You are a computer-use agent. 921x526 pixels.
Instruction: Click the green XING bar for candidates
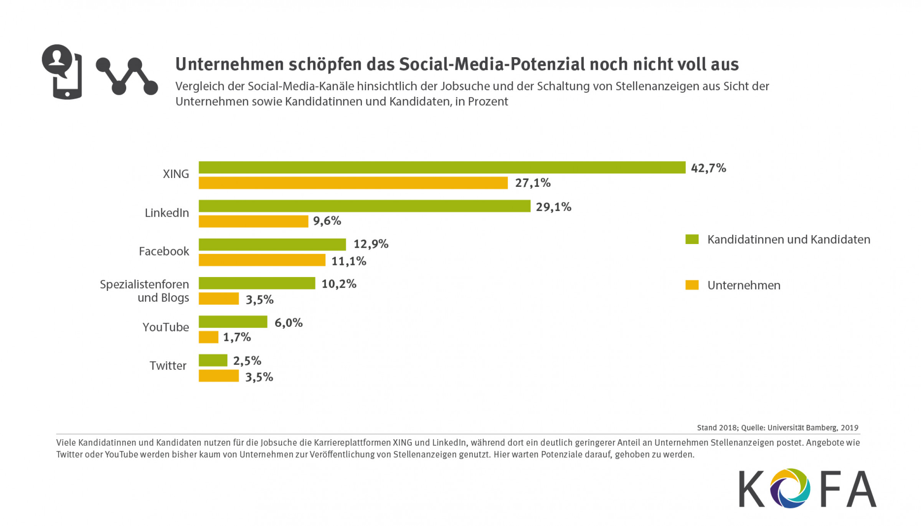pyautogui.click(x=442, y=168)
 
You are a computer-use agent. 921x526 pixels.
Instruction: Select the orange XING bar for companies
pyautogui.click(x=353, y=183)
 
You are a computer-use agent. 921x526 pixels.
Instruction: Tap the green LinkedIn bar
pyautogui.click(x=364, y=206)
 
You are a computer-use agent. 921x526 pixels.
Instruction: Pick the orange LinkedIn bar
pyautogui.click(x=253, y=221)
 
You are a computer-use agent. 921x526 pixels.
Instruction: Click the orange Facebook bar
pyautogui.click(x=262, y=260)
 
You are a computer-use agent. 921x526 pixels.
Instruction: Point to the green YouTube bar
pyautogui.click(x=233, y=322)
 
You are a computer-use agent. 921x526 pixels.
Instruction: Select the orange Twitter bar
pyautogui.click(x=219, y=376)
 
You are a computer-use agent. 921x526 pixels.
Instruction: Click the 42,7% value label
pyautogui.click(x=708, y=168)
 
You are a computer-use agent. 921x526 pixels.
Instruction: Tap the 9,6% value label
pyautogui.click(x=327, y=221)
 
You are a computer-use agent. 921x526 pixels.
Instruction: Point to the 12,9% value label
pyautogui.click(x=371, y=244)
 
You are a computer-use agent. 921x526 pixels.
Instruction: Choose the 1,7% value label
pyautogui.click(x=237, y=337)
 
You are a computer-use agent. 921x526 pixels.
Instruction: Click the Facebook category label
pyautogui.click(x=164, y=251)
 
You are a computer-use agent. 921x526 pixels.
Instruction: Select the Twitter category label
pyautogui.click(x=168, y=366)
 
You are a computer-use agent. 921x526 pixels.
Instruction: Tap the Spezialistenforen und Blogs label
pyautogui.click(x=145, y=291)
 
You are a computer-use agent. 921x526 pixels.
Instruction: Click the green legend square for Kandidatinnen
pyautogui.click(x=692, y=239)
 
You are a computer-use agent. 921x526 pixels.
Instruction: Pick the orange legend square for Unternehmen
pyautogui.click(x=692, y=285)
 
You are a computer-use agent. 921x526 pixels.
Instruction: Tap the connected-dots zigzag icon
pyautogui.click(x=127, y=76)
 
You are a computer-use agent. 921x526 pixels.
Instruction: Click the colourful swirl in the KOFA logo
pyautogui.click(x=790, y=488)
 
